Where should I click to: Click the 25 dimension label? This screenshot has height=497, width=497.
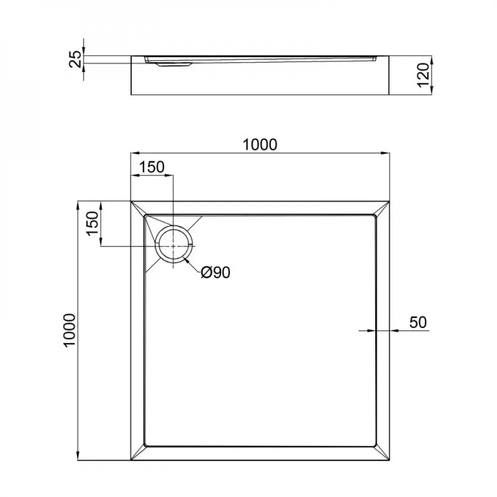75,60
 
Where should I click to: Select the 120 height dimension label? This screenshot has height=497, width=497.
423,75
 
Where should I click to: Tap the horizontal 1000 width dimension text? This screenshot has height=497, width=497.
259,144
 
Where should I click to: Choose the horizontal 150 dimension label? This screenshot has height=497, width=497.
151,167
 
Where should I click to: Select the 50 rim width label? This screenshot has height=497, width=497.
418,322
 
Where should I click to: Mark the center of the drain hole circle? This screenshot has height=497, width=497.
173,246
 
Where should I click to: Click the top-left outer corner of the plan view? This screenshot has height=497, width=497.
131,201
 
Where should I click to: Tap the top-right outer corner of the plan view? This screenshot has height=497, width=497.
389,201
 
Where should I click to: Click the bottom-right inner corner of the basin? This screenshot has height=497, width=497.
375,446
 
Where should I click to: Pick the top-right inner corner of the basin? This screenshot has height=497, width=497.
375,216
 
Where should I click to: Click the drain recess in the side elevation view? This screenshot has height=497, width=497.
171,64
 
